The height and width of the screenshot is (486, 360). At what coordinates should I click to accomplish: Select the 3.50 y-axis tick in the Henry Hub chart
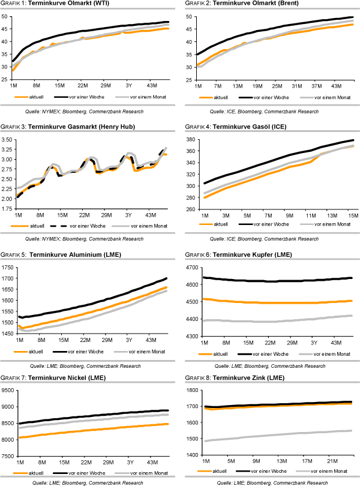point(8,139)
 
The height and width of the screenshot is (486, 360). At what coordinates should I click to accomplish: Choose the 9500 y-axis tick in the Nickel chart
point(8,390)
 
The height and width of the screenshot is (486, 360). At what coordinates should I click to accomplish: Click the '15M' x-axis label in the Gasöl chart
point(351,215)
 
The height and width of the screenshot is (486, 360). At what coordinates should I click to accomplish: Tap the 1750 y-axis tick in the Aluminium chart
point(8,267)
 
